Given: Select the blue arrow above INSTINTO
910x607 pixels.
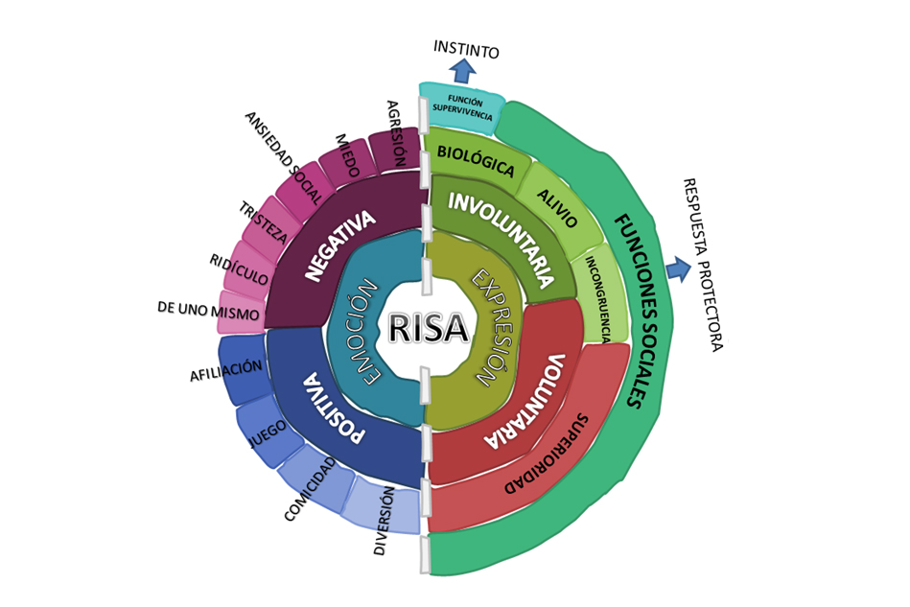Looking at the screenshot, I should (x=463, y=70).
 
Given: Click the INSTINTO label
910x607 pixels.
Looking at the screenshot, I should (x=466, y=49).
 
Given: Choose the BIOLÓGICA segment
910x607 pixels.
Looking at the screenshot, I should (x=476, y=160).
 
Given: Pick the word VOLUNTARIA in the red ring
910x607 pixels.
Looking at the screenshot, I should (x=528, y=402).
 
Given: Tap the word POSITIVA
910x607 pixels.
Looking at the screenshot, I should (x=335, y=409).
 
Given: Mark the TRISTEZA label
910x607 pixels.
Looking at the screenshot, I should (x=264, y=222).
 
